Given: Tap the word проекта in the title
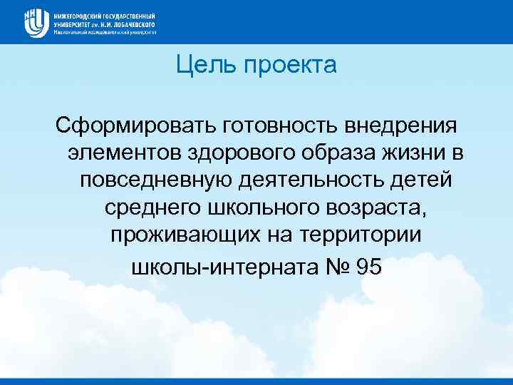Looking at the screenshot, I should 290,67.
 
